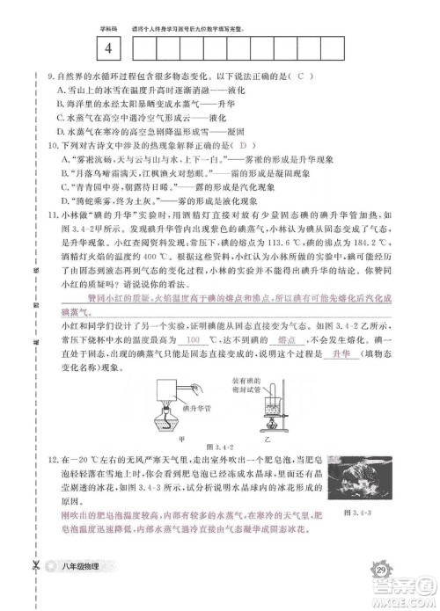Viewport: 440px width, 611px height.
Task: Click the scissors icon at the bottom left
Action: click(34, 572)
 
